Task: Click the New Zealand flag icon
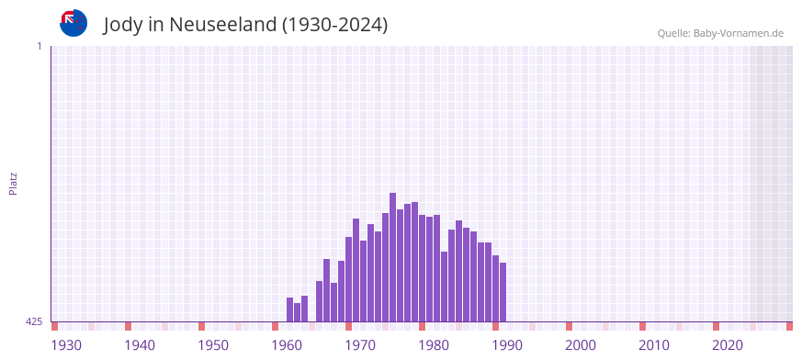coord(73,23)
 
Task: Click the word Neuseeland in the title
coord(223,25)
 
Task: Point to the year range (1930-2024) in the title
coord(335,25)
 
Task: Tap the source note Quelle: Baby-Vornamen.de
coord(720,33)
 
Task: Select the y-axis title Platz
coord(13,183)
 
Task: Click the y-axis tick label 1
coord(39,46)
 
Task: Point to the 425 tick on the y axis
coord(34,321)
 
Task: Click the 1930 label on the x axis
coord(66,345)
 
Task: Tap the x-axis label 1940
coord(140,345)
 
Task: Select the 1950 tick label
coord(213,345)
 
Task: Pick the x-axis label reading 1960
coord(287,345)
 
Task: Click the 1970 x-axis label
coord(360,345)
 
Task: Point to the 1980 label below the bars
coord(434,345)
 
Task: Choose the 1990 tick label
coord(507,345)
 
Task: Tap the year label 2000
coord(581,345)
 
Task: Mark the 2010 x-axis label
coord(654,345)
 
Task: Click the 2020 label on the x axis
coord(728,345)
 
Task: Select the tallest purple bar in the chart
coord(393,257)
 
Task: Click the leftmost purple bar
coord(290,309)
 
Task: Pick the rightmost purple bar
coord(503,292)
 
